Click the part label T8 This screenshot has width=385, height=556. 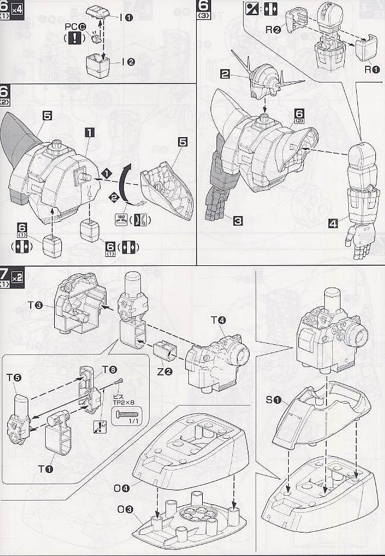109,368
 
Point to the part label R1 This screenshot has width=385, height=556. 372,69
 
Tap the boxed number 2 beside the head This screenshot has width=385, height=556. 225,75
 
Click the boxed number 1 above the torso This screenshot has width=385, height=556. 88,132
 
